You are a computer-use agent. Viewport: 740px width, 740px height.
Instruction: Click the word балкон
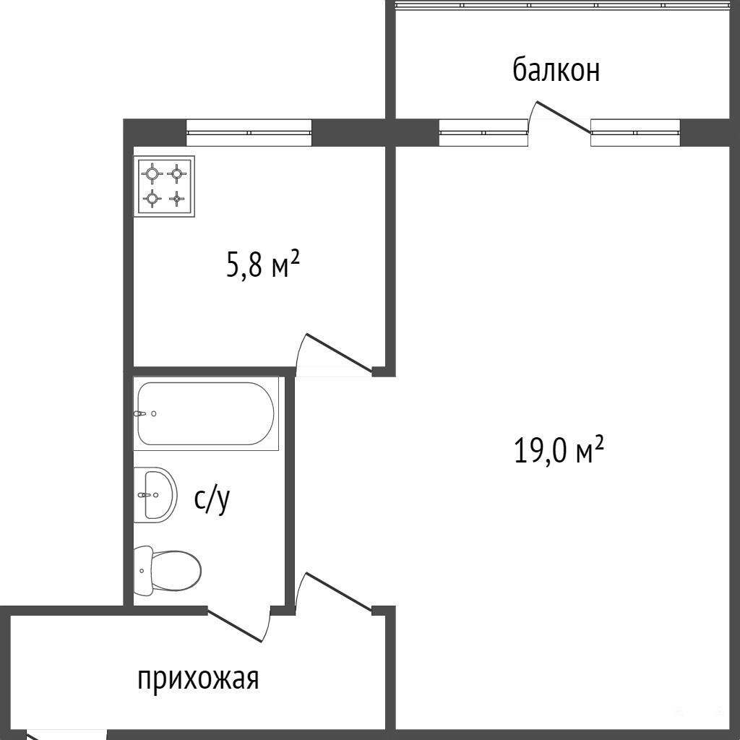point(556,71)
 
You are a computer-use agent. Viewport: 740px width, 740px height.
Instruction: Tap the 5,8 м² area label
point(263,265)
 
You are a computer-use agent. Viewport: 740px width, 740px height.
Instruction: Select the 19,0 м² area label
point(559,451)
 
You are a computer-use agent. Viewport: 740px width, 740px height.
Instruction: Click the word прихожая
point(198,679)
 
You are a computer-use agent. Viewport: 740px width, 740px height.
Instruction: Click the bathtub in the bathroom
point(206,413)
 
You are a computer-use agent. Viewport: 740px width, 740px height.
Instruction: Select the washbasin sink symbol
point(155,495)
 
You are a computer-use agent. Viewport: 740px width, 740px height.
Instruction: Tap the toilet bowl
point(168,571)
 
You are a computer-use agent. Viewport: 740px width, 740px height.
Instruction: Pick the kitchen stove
point(164,186)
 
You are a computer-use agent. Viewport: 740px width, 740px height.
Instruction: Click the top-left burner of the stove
point(152,173)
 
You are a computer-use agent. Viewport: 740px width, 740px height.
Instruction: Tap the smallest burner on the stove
point(176,199)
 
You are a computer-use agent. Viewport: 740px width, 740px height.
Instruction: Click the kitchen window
point(249,133)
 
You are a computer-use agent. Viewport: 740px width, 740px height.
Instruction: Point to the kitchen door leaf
point(340,352)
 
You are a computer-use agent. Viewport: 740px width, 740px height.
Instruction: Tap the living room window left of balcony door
point(483,133)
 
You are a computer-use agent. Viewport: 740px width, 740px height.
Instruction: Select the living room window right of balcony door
point(635,133)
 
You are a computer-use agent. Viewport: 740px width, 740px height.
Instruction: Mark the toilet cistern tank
point(144,571)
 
